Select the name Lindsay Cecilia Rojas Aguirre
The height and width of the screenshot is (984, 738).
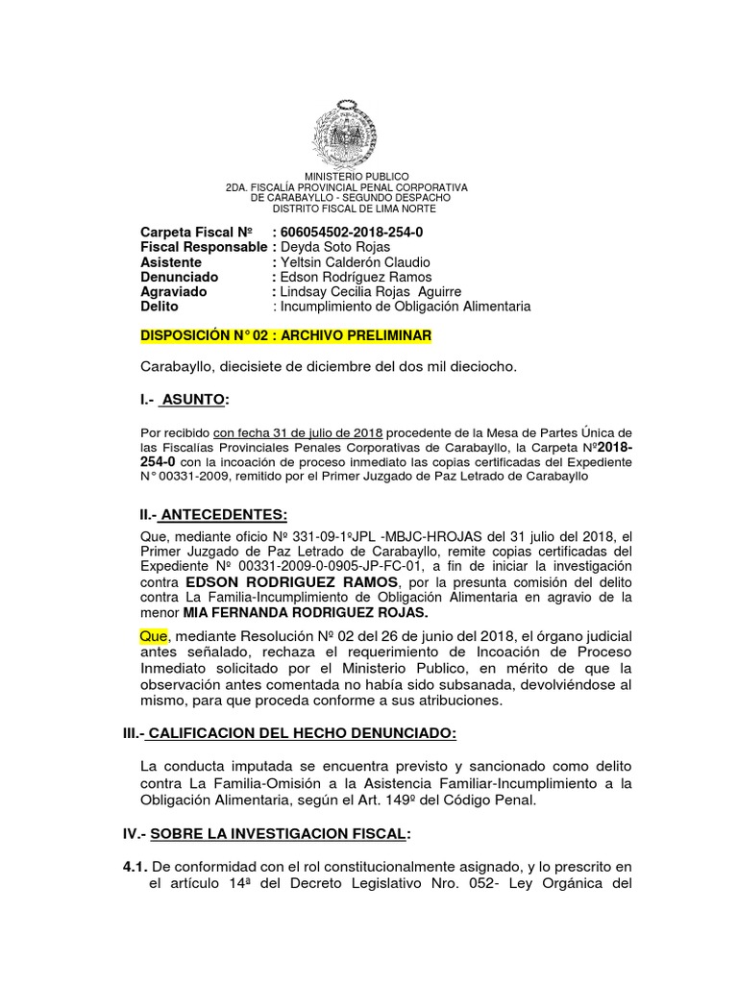click(x=370, y=291)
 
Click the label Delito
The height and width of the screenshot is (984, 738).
click(x=160, y=307)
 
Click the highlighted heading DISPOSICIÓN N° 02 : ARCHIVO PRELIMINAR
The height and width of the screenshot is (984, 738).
click(x=286, y=335)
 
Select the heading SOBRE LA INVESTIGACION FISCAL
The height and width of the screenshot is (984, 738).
click(x=287, y=833)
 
